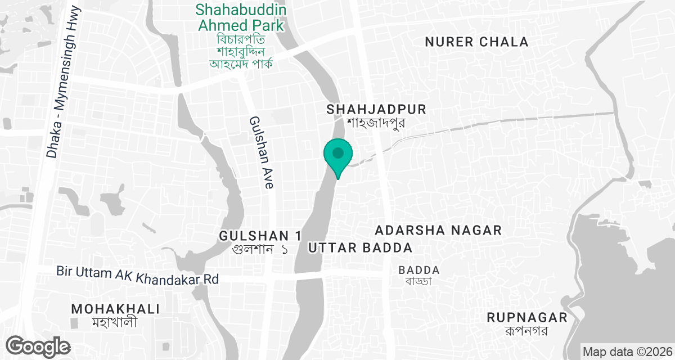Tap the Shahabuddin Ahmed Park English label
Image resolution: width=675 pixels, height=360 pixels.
[x=241, y=17]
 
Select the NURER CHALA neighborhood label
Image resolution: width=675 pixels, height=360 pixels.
[x=476, y=42]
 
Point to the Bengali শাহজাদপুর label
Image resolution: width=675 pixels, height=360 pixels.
[x=376, y=123]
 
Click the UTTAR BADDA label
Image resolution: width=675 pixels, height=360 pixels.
[x=361, y=247]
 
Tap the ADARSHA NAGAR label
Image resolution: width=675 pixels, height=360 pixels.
[x=438, y=230]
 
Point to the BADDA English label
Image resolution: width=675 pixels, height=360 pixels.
[x=419, y=270]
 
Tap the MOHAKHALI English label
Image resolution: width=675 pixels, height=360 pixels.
[x=116, y=309]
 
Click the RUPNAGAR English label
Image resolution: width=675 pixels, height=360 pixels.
[x=527, y=318]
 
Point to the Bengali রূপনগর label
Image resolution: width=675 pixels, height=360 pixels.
[x=526, y=331]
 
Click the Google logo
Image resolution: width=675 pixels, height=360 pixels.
[x=38, y=346]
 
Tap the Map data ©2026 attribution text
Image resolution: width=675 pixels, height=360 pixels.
[x=627, y=352]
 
